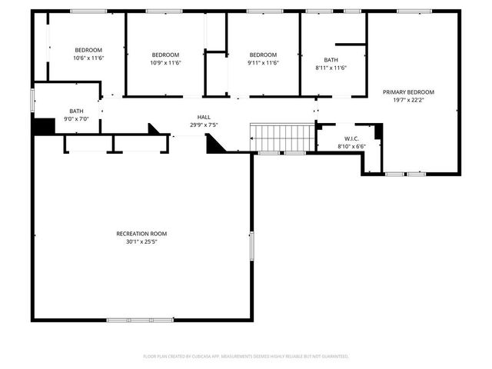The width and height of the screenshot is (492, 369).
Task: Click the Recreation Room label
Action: coord(141,234)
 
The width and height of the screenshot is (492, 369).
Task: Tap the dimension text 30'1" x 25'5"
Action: coord(141,241)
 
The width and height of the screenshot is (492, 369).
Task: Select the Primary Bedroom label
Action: coord(408,91)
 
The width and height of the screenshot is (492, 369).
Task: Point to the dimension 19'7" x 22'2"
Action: coord(408,99)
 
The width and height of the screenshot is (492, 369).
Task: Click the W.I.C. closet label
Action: coord(341,138)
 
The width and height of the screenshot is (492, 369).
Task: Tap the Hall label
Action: coord(204,117)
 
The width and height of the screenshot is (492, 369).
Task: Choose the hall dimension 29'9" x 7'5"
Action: coord(204,125)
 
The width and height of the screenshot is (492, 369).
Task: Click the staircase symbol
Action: coord(283,138)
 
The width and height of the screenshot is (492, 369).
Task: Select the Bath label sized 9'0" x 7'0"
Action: coord(76,111)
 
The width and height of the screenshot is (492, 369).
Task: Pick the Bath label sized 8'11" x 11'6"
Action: coord(331,60)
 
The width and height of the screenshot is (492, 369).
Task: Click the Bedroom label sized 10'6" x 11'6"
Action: coord(88,51)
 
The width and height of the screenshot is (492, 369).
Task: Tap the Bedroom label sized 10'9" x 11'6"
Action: coord(165,55)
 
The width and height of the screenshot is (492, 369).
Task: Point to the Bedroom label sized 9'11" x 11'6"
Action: coord(263,55)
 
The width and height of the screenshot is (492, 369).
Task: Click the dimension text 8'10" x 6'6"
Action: coord(341,146)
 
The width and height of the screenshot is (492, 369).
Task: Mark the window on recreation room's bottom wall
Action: coord(128,320)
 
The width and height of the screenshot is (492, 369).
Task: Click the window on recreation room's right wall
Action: coord(251,244)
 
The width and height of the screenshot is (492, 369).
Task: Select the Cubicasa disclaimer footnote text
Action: coord(246,357)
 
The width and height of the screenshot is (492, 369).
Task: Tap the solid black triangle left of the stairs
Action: coord(214,144)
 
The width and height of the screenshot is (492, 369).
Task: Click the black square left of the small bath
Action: coord(43,125)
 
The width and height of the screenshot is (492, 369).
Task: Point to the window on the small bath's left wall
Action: coord(32,101)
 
